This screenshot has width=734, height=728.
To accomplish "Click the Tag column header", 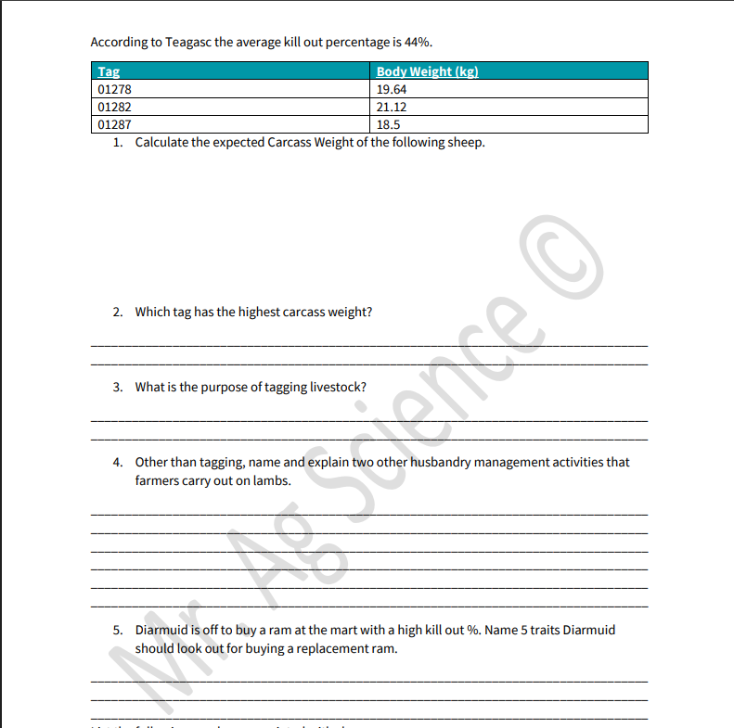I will (x=109, y=72).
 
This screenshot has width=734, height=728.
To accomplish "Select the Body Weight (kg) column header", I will (x=427, y=72).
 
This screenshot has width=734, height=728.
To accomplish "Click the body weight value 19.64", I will (x=392, y=90).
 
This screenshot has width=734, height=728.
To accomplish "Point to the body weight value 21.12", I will (x=392, y=107).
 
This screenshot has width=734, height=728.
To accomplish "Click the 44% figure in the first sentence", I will (x=418, y=42).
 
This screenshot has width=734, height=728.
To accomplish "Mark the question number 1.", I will (x=118, y=143).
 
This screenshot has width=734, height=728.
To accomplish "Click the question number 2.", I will (x=118, y=312).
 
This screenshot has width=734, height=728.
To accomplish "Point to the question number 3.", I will (x=118, y=387).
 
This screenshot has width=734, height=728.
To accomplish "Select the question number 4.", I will (x=118, y=462).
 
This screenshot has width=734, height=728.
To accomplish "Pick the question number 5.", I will (x=118, y=630).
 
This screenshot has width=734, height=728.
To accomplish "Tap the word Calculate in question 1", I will (x=162, y=143).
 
